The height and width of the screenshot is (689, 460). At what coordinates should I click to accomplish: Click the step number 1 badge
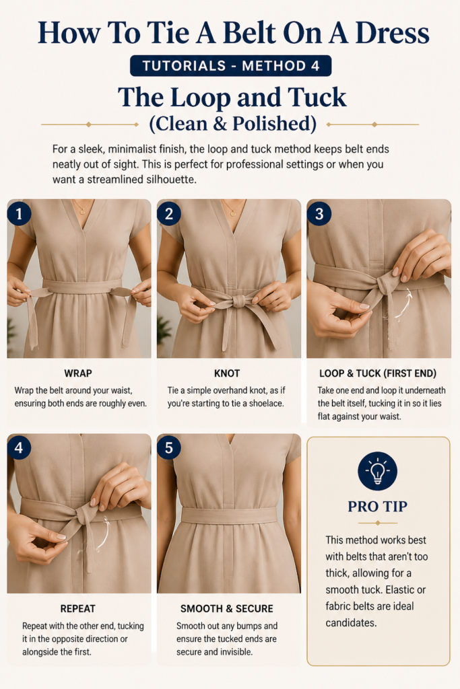[19, 213]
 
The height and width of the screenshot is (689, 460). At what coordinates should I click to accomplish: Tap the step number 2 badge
[169, 213]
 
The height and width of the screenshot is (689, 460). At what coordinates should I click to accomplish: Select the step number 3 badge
[319, 213]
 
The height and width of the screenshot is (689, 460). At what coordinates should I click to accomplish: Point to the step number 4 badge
[19, 447]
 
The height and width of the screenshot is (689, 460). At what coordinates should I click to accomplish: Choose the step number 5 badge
[169, 447]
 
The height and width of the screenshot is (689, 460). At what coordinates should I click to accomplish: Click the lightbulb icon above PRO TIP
[378, 471]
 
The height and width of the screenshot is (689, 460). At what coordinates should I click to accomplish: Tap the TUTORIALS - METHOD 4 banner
[231, 66]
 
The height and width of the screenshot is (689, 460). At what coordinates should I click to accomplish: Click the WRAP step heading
[78, 373]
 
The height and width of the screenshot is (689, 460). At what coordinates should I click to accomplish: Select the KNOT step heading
[227, 373]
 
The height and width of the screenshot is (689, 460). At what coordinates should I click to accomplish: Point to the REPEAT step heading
[78, 608]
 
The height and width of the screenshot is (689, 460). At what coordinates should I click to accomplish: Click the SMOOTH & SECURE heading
[227, 608]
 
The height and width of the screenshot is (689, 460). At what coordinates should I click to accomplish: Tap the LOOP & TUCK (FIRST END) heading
[378, 373]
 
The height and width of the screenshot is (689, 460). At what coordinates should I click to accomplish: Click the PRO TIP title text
[378, 507]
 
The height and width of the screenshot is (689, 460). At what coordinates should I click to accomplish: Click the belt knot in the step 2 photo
[239, 301]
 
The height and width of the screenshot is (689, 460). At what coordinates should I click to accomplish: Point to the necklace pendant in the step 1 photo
[82, 212]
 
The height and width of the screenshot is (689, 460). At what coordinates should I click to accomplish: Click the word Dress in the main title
[392, 34]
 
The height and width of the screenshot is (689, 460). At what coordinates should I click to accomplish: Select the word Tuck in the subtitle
[317, 98]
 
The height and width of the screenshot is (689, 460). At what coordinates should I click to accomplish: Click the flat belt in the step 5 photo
[229, 515]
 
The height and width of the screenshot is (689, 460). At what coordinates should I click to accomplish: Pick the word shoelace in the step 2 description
[266, 404]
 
